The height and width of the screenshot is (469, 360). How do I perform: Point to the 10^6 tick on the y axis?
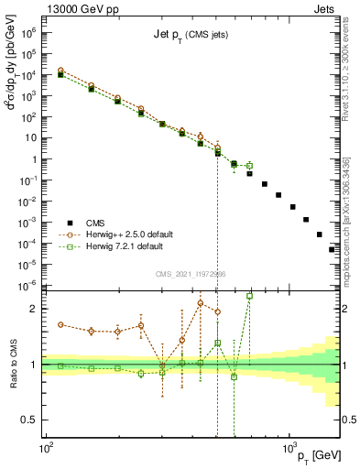(x=29, y=31)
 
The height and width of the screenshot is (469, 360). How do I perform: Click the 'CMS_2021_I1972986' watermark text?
(x=190, y=274)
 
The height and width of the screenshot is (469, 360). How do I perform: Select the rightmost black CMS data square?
(x=333, y=248)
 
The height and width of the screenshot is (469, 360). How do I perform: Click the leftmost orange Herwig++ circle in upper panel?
(x=60, y=71)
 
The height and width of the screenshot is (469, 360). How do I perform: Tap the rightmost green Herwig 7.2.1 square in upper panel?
(x=249, y=166)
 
